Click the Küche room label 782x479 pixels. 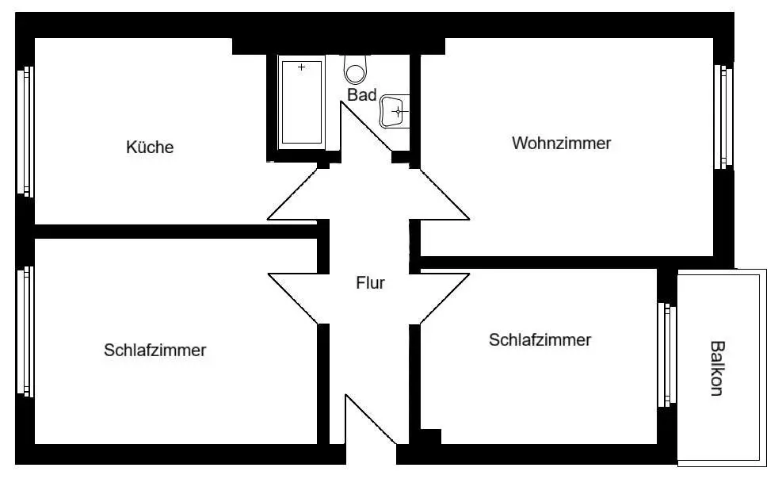pos(150,148)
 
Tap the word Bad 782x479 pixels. pos(361,95)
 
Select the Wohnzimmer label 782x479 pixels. pos(561,144)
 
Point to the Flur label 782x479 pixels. pos(370,283)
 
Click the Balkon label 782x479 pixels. pos(717,368)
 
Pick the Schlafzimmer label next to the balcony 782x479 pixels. pos(540,339)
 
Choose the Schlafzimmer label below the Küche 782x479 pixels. pos(154,351)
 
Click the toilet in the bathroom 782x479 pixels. pos(355,70)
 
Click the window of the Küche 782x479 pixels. pos(25,131)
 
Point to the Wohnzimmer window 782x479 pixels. pos(723,117)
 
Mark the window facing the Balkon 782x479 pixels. pos(667,354)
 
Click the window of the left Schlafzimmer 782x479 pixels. pos(25,331)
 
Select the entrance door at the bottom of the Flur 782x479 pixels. pos(371,419)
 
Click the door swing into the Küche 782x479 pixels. pos(292,194)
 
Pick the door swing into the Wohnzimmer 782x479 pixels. pos(444,194)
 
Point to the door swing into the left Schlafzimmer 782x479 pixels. pos(293,298)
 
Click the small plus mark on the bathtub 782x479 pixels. pos(301,67)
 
